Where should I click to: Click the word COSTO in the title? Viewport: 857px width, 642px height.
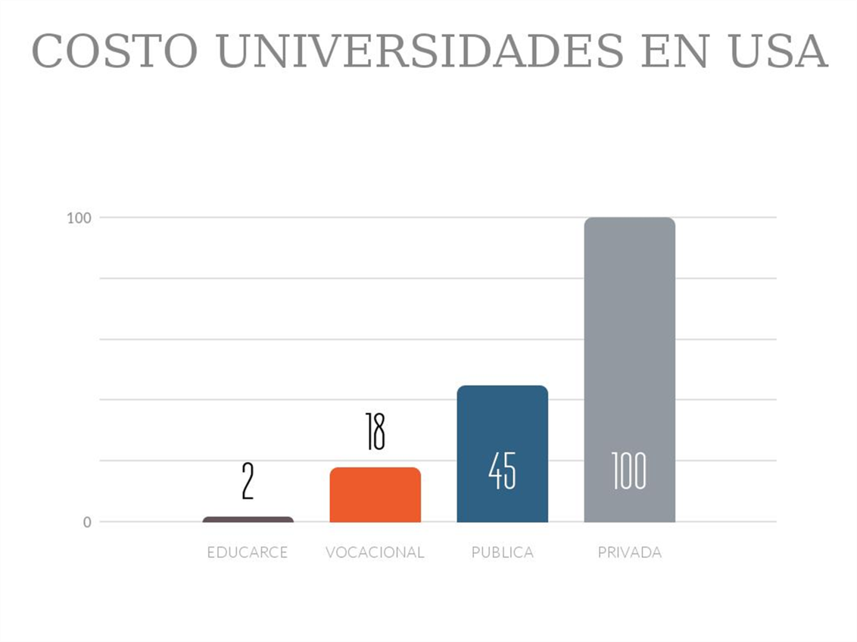click(114, 51)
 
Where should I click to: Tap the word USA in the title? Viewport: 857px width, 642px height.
click(778, 51)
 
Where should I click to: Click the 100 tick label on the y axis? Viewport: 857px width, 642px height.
click(79, 219)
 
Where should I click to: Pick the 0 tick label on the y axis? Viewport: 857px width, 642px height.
click(87, 522)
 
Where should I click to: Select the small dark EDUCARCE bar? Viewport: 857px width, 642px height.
click(248, 519)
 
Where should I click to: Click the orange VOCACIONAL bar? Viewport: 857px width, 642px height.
click(375, 495)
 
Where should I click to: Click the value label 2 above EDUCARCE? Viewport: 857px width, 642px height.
click(248, 482)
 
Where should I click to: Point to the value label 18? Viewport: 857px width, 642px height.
click(375, 432)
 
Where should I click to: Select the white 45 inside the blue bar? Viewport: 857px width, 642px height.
click(502, 472)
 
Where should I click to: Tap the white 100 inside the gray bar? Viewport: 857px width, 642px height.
click(629, 471)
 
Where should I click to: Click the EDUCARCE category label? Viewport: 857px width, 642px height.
click(248, 553)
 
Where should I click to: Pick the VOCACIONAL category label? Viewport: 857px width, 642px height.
click(375, 553)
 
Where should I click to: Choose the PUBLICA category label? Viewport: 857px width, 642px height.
click(502, 553)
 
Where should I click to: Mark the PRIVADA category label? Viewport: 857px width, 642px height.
click(629, 553)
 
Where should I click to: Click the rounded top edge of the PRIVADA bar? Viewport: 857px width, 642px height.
click(629, 219)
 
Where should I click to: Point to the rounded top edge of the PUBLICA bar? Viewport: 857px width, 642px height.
click(502, 387)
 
